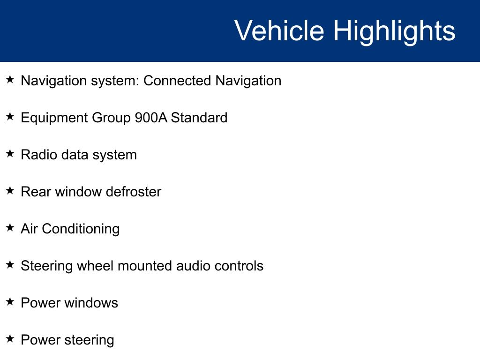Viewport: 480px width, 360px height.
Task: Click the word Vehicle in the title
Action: (279, 30)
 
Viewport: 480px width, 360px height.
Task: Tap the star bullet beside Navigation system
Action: (10, 79)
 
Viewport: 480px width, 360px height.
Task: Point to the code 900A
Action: (151, 118)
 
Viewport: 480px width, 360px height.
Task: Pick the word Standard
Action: (199, 118)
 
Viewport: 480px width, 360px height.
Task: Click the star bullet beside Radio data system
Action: (10, 153)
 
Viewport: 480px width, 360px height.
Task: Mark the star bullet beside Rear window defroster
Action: (10, 190)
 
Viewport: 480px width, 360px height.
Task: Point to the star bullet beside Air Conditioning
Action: (10, 227)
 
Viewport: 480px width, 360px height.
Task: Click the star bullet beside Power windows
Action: (10, 301)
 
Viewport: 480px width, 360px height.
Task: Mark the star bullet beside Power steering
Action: (10, 338)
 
